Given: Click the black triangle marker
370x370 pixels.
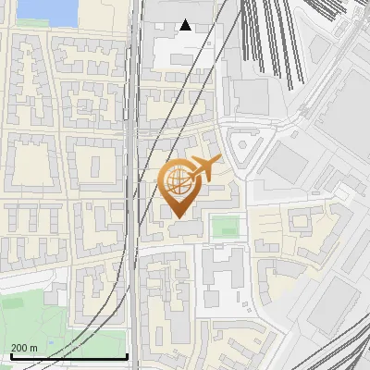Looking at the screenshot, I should point(187,25).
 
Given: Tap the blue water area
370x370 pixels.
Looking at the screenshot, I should point(47,10).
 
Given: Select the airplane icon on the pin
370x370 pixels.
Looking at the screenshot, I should point(201,169).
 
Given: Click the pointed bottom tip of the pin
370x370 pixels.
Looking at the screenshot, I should point(178,217).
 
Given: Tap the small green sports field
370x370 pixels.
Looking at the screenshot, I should point(224,226).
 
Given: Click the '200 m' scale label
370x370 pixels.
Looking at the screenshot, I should point(24,347).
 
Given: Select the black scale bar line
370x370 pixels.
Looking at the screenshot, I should point(68,357).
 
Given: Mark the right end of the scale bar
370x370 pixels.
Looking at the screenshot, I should point(127,357).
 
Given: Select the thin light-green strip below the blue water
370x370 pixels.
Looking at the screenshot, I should point(46,29).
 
